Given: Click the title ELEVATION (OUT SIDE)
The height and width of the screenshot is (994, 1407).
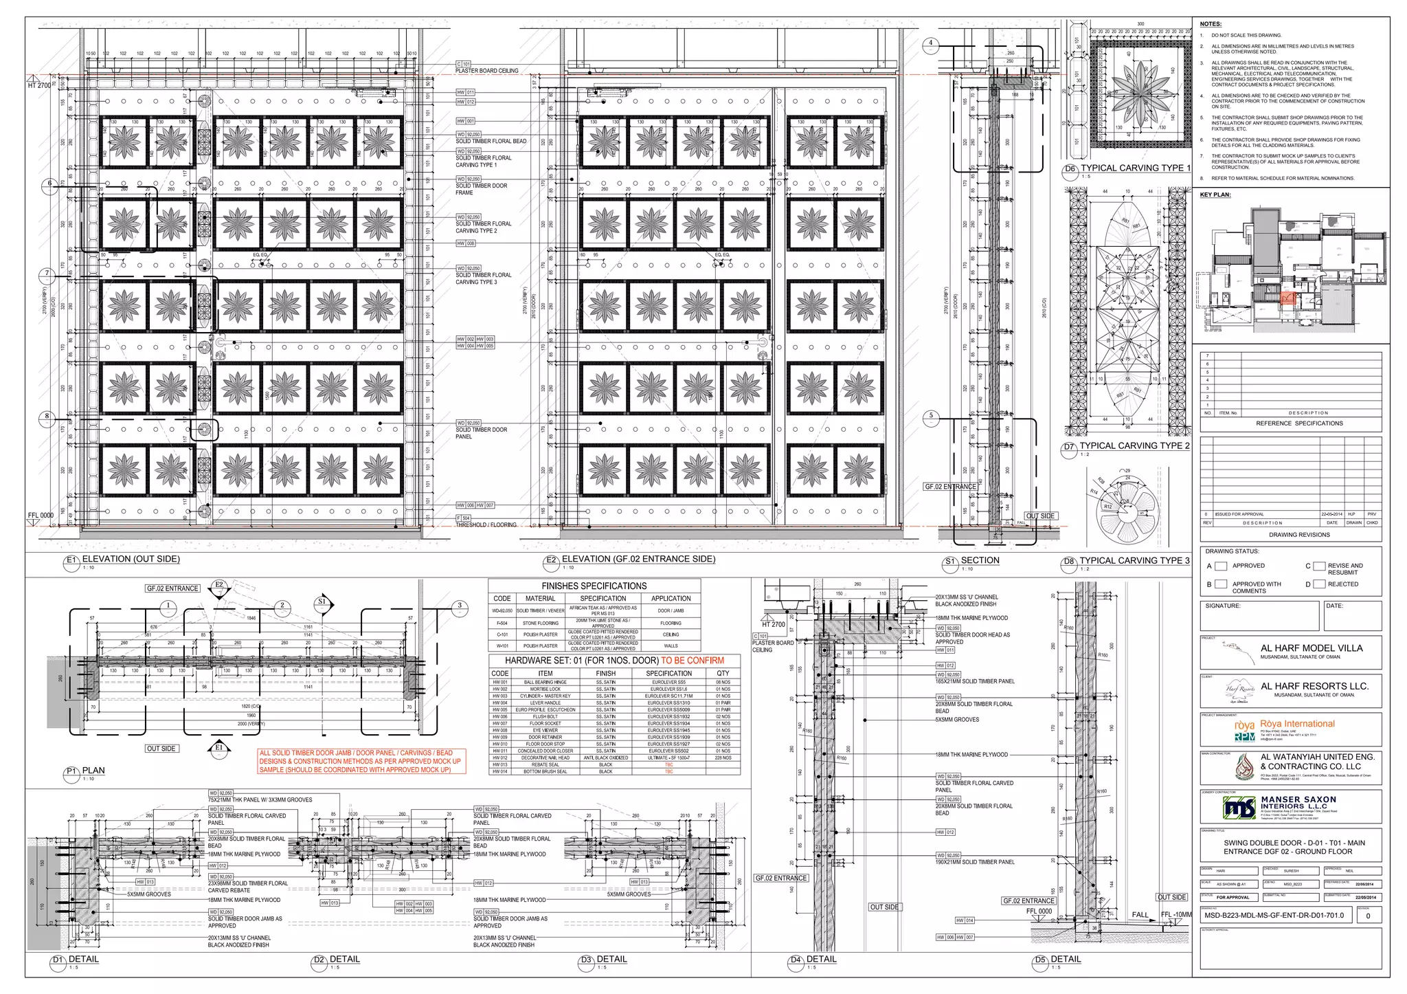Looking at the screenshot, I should tap(131, 560).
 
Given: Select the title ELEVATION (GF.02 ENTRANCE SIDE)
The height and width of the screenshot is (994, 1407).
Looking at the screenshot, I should tap(638, 560).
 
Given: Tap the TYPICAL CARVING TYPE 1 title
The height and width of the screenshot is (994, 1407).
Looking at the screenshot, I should tap(1135, 168).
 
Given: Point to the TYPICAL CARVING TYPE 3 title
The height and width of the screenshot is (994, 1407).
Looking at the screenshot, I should tap(1134, 561).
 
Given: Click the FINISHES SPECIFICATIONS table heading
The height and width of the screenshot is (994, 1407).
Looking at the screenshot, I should tap(594, 586).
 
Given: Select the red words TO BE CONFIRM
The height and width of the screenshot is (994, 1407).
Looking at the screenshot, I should tap(692, 661).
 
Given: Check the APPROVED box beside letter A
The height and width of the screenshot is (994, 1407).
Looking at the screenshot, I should tap(1221, 566).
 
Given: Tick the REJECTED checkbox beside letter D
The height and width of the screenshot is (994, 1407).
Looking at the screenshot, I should tap(1319, 584).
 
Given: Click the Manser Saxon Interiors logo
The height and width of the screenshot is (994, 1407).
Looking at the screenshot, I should tap(1239, 808).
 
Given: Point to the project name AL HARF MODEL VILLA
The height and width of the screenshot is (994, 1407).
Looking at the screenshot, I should tap(1312, 648).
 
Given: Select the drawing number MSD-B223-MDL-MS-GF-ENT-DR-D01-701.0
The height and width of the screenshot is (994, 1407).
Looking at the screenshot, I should tap(1274, 916).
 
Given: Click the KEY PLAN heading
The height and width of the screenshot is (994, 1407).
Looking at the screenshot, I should tap(1215, 195).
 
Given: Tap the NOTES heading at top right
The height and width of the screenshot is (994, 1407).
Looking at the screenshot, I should tap(1211, 24).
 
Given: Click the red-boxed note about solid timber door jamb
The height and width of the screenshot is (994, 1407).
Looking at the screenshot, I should tap(361, 762).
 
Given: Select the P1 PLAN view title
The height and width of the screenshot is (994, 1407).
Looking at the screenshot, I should tap(93, 771).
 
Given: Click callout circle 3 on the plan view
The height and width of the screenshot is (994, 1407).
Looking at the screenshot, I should tap(460, 606).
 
